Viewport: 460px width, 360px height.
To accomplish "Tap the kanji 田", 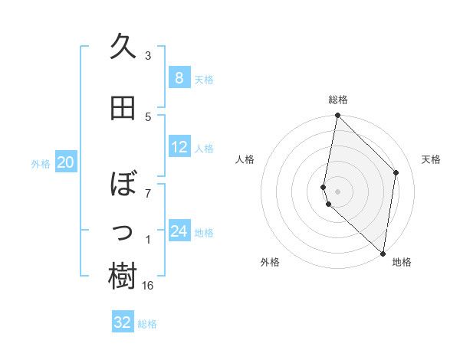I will tap(123, 109).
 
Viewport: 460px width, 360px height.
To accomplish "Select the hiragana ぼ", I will tap(123, 185).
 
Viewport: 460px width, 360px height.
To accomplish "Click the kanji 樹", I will tap(123, 277).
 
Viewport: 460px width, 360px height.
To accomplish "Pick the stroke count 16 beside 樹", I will tap(148, 285).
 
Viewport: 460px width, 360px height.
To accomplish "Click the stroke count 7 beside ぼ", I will tap(148, 192).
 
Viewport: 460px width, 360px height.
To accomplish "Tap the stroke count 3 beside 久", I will tap(148, 55).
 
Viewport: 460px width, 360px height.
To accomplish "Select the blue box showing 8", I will tap(179, 78).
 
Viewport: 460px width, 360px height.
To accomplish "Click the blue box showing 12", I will tap(179, 147).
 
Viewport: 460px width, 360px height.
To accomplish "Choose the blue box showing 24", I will tap(179, 231).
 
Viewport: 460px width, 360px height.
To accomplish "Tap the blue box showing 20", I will tap(66, 162).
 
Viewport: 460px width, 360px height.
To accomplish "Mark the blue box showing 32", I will tap(123, 322).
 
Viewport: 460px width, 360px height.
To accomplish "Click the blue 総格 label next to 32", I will tap(148, 324).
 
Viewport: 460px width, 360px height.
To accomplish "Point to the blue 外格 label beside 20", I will tap(41, 164).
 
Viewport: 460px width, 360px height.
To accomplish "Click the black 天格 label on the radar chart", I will tap(431, 159).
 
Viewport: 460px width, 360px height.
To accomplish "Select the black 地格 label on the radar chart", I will tap(402, 262).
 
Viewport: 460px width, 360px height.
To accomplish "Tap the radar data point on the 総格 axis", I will tap(338, 115).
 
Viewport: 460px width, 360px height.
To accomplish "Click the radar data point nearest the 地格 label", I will tap(383, 254).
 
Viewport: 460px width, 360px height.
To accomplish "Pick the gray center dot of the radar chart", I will tap(338, 189).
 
